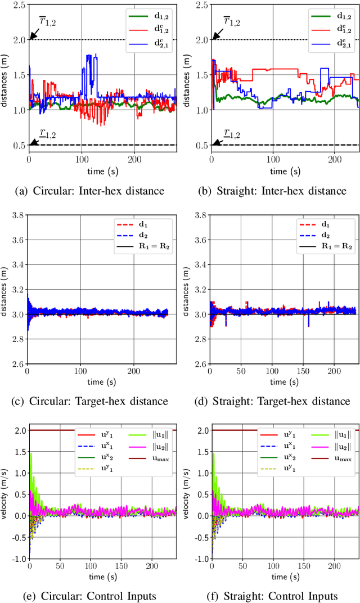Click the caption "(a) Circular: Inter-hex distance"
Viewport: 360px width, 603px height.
(x=89, y=191)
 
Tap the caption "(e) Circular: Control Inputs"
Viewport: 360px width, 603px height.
(x=89, y=596)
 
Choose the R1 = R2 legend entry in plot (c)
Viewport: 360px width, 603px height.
(x=147, y=246)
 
